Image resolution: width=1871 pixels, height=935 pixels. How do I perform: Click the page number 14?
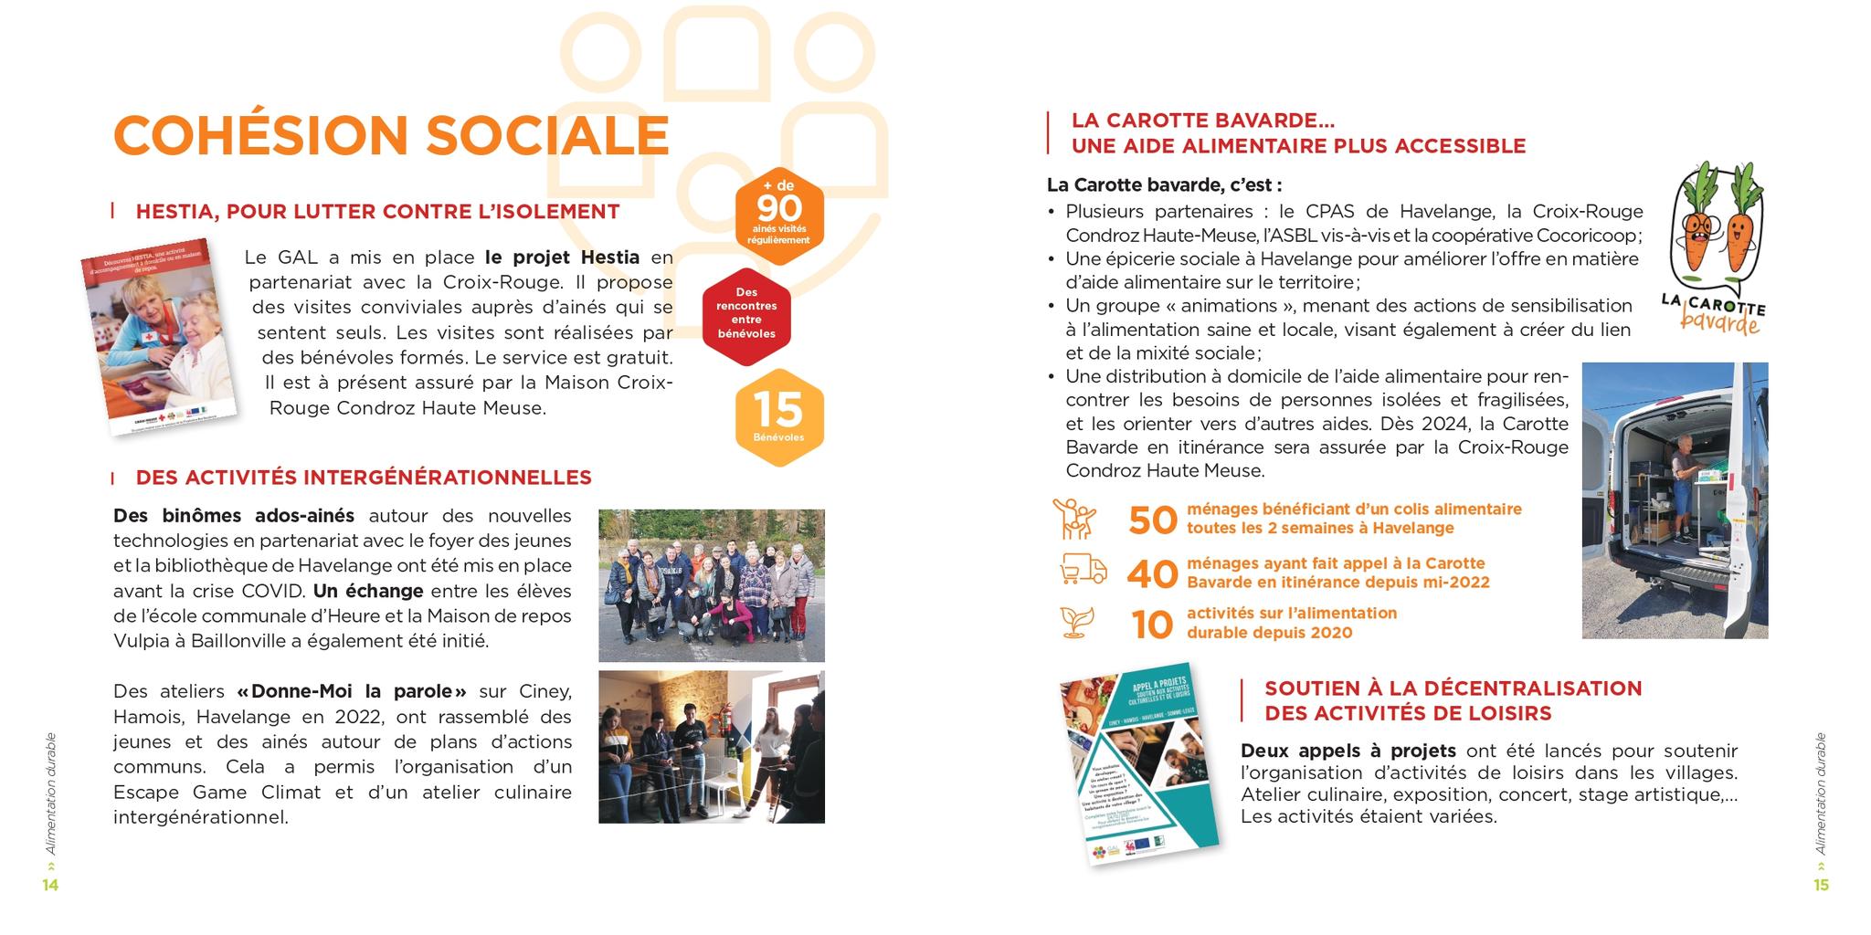(x=50, y=885)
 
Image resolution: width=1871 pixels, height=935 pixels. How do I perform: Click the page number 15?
(x=1821, y=885)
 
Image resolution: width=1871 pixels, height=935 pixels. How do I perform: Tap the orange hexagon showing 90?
(x=779, y=215)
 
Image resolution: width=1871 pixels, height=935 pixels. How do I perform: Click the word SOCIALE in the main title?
(x=547, y=135)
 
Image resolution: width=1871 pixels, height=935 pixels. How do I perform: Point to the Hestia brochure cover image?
(x=159, y=335)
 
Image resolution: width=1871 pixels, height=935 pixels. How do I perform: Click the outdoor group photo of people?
(x=711, y=585)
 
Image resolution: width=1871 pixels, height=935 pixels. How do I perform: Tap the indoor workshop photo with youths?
(x=711, y=747)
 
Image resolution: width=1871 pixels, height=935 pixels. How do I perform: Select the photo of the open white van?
(x=1675, y=500)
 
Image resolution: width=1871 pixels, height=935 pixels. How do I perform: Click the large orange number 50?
(x=1153, y=520)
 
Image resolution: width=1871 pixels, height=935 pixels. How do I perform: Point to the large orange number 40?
(x=1153, y=574)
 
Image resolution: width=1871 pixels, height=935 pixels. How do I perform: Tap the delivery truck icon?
(x=1083, y=570)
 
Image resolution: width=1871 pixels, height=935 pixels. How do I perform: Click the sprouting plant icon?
(x=1077, y=622)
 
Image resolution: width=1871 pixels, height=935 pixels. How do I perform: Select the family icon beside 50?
(x=1074, y=519)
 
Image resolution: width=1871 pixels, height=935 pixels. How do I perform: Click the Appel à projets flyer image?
(x=1138, y=763)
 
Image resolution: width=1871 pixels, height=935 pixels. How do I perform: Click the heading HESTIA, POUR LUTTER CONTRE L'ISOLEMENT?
(x=377, y=212)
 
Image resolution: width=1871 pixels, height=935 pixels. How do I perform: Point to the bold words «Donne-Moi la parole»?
(x=352, y=691)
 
